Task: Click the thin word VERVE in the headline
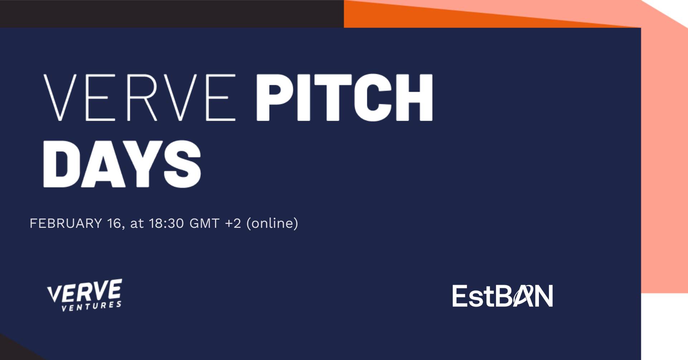(x=139, y=97)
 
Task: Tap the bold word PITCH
(x=345, y=97)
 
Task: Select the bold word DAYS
(x=122, y=164)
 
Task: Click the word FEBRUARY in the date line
(x=66, y=224)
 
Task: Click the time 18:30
(x=167, y=224)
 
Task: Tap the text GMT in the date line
(x=204, y=224)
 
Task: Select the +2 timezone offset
(x=233, y=224)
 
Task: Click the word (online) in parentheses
(x=272, y=224)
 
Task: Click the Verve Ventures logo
(x=85, y=295)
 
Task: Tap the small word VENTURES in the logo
(x=91, y=307)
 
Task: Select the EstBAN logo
(x=503, y=296)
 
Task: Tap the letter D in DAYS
(x=60, y=164)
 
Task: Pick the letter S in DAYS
(x=183, y=164)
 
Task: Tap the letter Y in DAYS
(x=142, y=164)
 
